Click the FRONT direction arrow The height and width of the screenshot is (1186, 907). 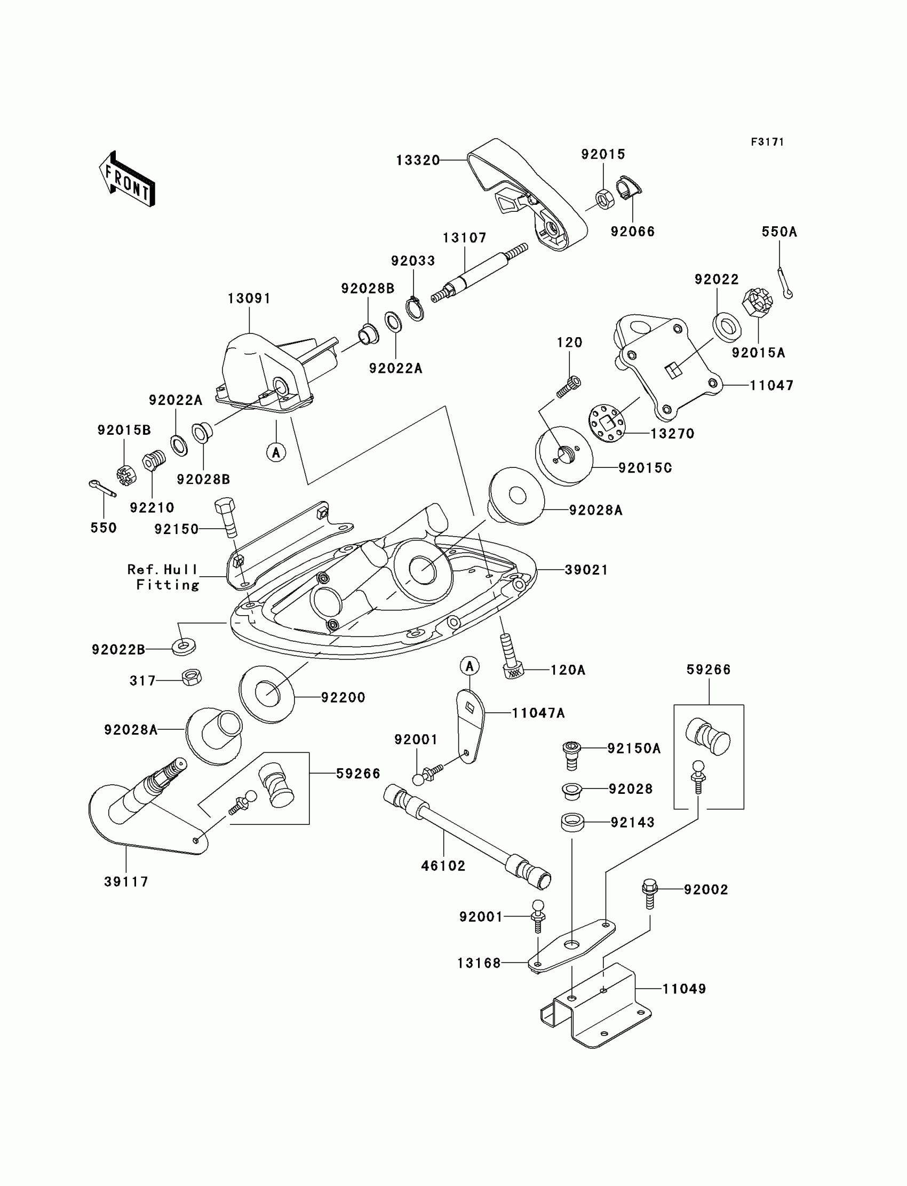128,179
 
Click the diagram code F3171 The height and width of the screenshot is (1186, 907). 767,142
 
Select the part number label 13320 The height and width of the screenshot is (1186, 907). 417,161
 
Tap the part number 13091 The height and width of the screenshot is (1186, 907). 249,299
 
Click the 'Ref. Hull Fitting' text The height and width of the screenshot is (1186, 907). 164,577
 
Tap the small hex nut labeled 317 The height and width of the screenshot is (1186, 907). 191,677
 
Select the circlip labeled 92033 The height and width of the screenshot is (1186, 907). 415,309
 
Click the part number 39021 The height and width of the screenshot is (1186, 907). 586,569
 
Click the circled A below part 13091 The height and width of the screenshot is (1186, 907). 276,452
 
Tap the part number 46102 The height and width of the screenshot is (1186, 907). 443,865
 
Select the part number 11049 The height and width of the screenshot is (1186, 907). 684,989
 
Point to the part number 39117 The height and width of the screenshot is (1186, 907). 126,881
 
